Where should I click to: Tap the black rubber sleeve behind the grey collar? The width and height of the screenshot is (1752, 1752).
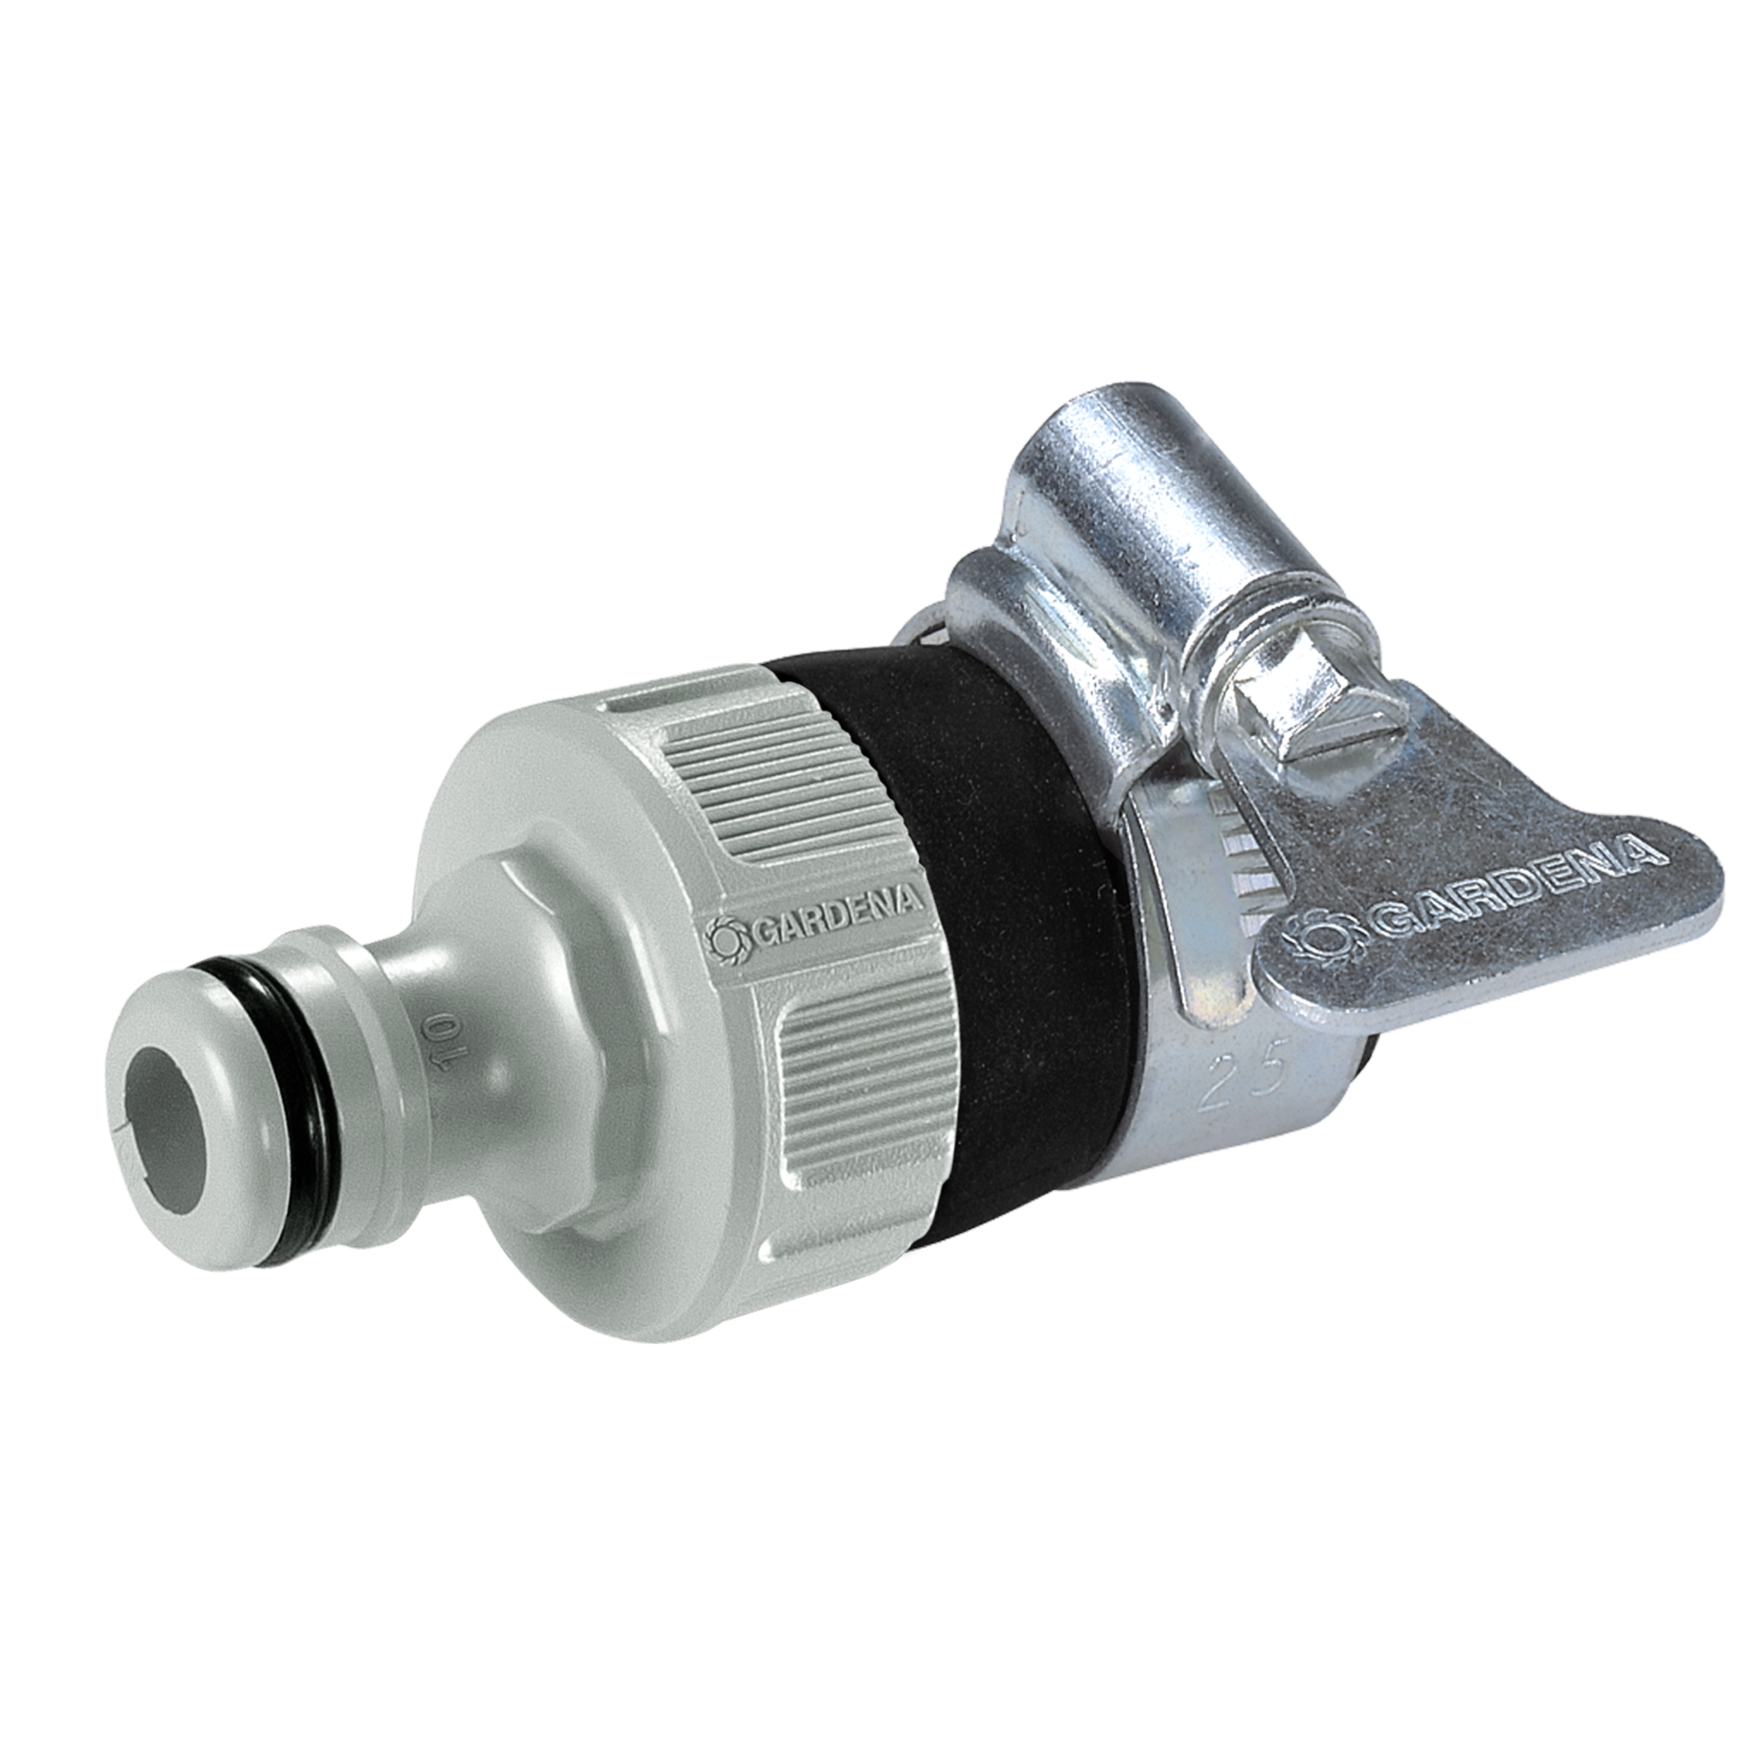coord(980,907)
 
